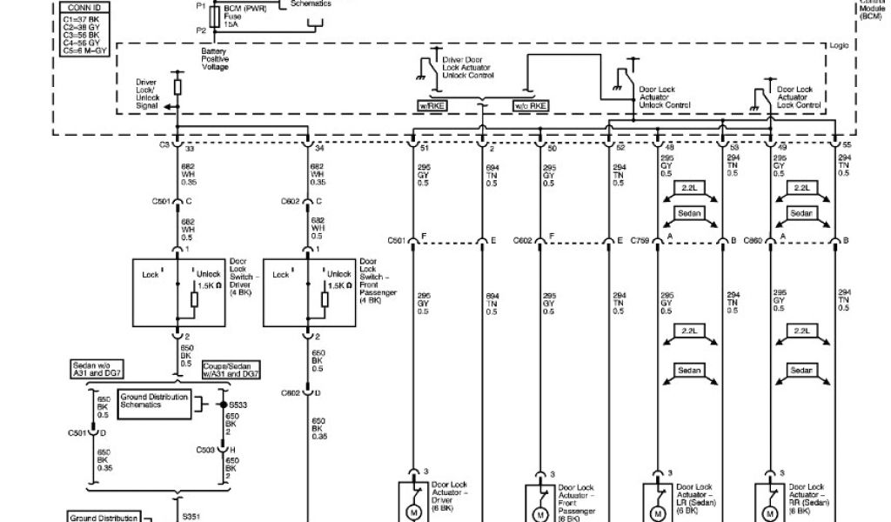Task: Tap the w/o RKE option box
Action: [530, 105]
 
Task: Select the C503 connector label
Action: [205, 449]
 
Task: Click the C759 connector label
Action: [643, 240]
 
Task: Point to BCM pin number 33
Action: [188, 147]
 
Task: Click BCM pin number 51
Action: [425, 147]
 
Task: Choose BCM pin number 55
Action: [846, 147]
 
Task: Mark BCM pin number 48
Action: [670, 147]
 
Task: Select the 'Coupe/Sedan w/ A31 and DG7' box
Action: [231, 371]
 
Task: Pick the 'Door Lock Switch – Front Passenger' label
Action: [378, 280]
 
